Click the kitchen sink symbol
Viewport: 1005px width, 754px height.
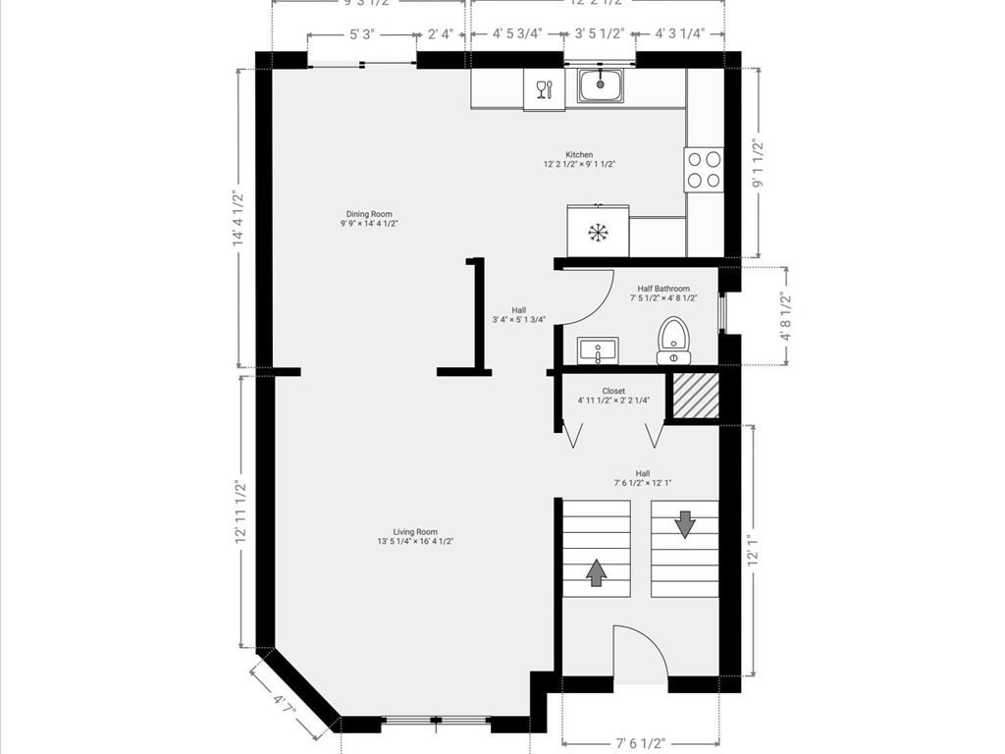click(600, 85)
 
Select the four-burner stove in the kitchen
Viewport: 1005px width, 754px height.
click(704, 169)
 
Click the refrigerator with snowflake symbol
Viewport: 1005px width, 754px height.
click(597, 232)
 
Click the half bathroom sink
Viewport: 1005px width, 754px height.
click(597, 350)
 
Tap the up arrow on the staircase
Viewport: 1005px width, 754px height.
click(596, 571)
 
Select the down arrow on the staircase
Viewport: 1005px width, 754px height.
click(684, 522)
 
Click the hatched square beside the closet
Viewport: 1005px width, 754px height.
click(694, 397)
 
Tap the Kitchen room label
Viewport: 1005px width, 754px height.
click(579, 155)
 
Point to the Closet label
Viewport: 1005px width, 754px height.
click(613, 391)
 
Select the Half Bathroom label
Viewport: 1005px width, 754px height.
click(663, 289)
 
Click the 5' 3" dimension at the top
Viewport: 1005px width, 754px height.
click(360, 34)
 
